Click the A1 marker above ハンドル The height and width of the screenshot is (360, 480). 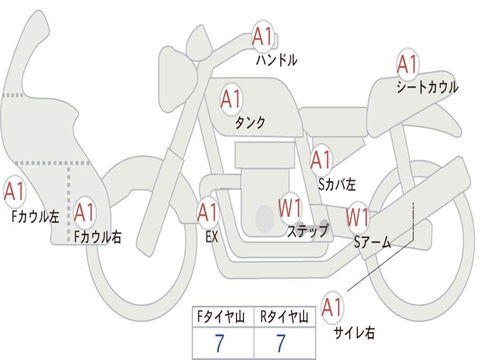[262, 36]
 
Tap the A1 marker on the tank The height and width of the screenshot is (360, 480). [231, 99]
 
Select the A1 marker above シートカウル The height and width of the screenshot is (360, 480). [407, 64]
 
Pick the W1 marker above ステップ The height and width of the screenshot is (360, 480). [290, 208]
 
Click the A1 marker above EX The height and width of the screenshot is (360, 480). [208, 212]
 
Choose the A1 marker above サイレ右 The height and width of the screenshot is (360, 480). [332, 307]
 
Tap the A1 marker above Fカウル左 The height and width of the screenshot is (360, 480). [15, 191]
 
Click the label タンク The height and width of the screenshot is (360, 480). [250, 122]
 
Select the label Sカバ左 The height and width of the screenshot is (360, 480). [337, 184]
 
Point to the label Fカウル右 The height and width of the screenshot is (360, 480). [97, 237]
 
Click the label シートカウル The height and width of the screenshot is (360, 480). [427, 87]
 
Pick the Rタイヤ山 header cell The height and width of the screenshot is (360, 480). [285, 316]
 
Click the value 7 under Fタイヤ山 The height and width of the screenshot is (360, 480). [219, 343]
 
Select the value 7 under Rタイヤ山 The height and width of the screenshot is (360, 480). [281, 343]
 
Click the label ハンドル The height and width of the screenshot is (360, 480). [277, 60]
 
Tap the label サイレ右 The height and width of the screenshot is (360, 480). [354, 332]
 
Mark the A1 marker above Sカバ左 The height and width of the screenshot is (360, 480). [321, 160]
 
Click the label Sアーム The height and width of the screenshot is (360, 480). [373, 242]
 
